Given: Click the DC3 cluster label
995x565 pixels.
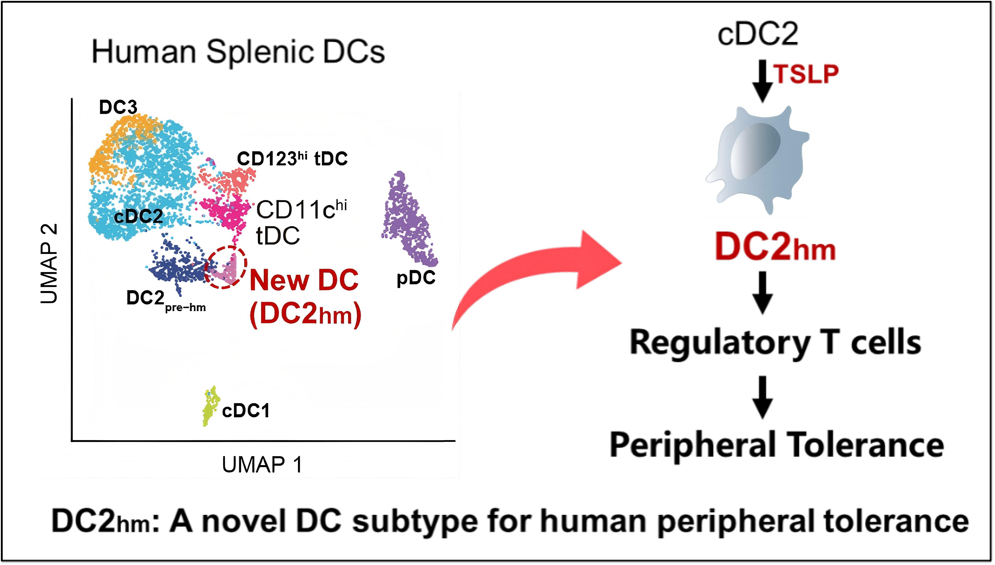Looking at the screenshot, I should [118, 107].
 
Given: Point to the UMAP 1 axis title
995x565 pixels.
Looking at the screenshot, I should [262, 464].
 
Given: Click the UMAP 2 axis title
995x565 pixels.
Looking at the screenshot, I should [49, 264].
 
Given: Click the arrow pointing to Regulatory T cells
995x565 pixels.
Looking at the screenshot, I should [762, 292].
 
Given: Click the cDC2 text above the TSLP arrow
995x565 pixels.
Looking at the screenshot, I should [757, 34].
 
